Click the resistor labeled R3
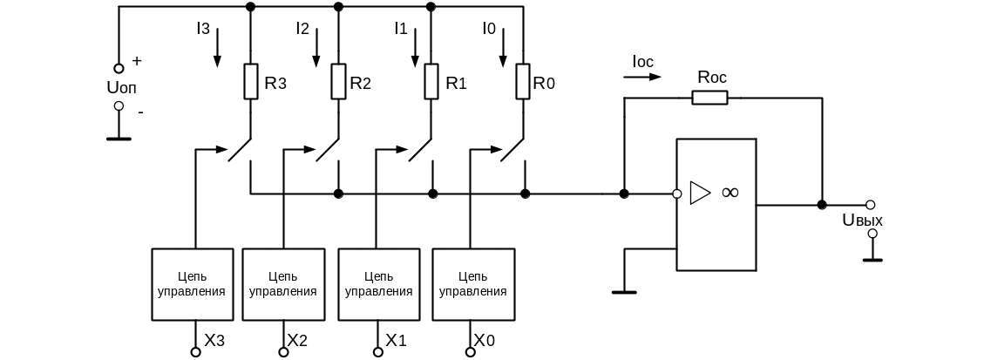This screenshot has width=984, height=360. [250, 82]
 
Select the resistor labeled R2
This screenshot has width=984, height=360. [339, 82]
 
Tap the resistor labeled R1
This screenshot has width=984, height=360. [431, 82]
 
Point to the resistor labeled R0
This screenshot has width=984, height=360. [522, 82]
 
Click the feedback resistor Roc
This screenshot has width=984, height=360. [709, 97]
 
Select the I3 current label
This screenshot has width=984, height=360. [203, 30]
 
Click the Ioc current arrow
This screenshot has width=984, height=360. [643, 77]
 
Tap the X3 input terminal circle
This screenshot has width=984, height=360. [195, 351]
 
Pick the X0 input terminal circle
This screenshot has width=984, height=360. [471, 351]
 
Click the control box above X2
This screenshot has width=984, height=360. [282, 284]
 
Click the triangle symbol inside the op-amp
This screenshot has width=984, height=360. [699, 193]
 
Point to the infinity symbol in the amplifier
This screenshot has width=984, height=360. [730, 193]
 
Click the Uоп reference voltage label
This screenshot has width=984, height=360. [120, 87]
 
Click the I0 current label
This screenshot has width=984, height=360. [489, 30]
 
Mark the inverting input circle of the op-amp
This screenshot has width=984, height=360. [676, 194]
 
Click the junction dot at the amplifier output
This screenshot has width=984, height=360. [821, 205]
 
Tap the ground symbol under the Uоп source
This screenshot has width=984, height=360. [119, 138]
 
